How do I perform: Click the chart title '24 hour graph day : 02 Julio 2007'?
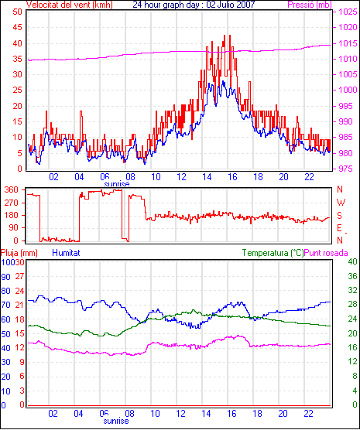pos(194,5)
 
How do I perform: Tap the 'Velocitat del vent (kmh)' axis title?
pos(70,5)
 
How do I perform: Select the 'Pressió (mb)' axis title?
pos(310,5)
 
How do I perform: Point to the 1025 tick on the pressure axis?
pos(348,12)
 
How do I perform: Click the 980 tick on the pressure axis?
pos(348,153)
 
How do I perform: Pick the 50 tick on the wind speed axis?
pos(17,12)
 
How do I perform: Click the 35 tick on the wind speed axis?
pos(17,59)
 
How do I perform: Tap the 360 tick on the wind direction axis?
pos(12,189)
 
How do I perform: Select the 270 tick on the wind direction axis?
pos(12,203)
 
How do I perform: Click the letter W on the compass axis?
pos(341,203)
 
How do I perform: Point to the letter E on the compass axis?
pos(339,228)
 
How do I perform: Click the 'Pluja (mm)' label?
pos(19,253)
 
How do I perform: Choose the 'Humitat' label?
pos(66,253)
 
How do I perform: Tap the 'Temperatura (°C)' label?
pos(273,253)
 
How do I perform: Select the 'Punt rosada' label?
pos(326,253)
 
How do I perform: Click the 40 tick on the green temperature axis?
pos(352,261)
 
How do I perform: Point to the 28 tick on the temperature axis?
pos(352,304)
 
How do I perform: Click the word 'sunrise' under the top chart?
pos(117,183)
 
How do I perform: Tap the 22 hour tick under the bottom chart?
pos(308,413)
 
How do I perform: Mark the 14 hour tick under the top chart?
pos(207,177)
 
